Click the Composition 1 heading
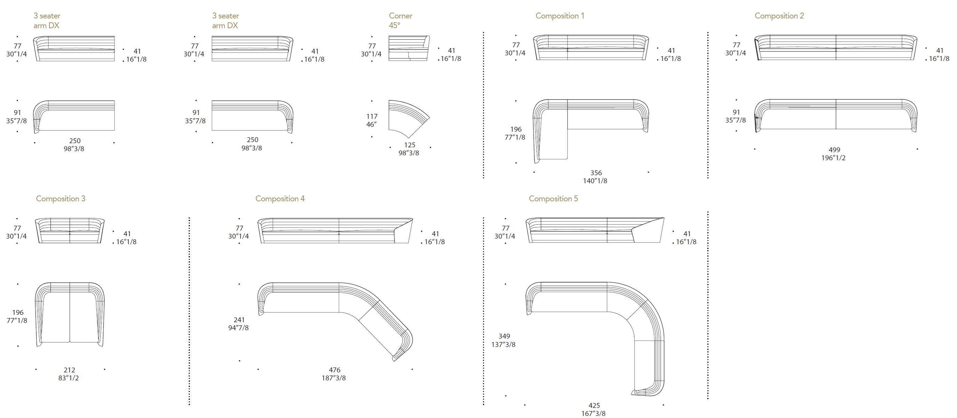pos(560,16)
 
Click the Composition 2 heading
pos(779,16)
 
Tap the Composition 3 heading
pos(61,199)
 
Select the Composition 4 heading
pos(280,199)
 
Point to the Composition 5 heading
pos(553,199)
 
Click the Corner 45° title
pos(400,21)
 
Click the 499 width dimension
pos(834,150)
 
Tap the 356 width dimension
pos(596,173)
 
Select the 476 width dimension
pos(334,370)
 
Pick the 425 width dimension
pos(594,406)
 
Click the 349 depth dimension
pos(504,336)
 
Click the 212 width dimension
pos(70,370)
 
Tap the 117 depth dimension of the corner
pos(372,116)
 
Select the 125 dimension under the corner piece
pos(409,145)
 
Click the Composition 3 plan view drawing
pos(70,314)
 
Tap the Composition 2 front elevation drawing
pos(836,48)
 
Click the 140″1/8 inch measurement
pos(595,181)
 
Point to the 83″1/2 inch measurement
pos(69,378)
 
